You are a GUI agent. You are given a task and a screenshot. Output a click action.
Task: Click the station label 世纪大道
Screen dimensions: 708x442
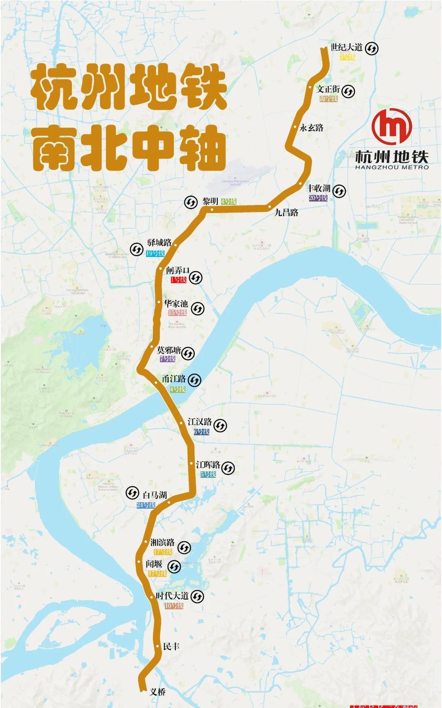(346, 47)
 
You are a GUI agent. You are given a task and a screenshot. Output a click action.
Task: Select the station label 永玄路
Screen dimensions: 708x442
(311, 128)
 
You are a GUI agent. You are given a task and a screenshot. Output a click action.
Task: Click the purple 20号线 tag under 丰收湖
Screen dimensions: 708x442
(318, 198)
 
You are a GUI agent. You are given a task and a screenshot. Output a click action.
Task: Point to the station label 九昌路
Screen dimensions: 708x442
(286, 212)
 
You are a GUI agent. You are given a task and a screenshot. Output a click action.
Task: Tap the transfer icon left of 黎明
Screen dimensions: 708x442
(190, 202)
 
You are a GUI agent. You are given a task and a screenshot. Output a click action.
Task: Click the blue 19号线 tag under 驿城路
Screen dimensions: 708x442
(155, 254)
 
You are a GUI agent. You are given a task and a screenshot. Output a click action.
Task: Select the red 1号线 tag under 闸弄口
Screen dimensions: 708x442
(178, 280)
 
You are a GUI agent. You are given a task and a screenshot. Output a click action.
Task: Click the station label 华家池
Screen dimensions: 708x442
(176, 304)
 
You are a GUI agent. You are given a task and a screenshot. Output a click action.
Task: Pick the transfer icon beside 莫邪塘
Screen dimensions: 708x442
(188, 353)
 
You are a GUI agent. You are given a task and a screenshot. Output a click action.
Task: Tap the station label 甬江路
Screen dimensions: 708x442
(174, 379)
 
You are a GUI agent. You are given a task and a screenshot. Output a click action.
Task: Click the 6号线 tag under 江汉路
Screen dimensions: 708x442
(201, 432)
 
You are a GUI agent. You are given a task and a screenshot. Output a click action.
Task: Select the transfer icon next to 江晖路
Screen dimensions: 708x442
(228, 468)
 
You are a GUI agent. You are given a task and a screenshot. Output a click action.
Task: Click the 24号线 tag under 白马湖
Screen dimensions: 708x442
(146, 505)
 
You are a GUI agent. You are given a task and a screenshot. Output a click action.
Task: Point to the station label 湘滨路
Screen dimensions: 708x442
(162, 542)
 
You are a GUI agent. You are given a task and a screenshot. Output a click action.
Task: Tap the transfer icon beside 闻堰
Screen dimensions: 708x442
(174, 567)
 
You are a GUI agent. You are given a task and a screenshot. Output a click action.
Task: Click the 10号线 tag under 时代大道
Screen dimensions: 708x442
(174, 606)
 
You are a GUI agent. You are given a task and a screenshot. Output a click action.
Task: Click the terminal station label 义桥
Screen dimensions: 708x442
(158, 692)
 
